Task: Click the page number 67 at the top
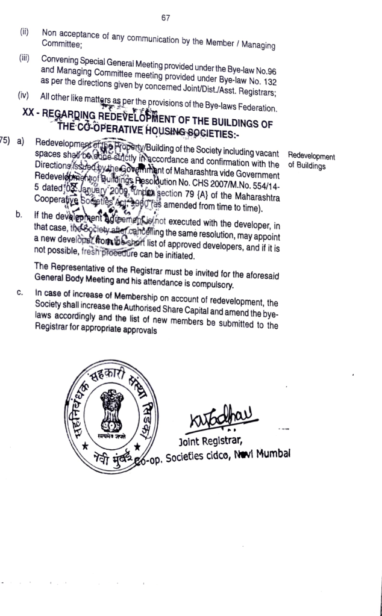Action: coord(166,17)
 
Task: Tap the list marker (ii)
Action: coord(25,32)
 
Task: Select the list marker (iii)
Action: coord(25,60)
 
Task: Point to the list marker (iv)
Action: coord(25,96)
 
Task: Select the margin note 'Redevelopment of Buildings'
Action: coord(311,161)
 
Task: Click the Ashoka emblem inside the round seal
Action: coord(111,409)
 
